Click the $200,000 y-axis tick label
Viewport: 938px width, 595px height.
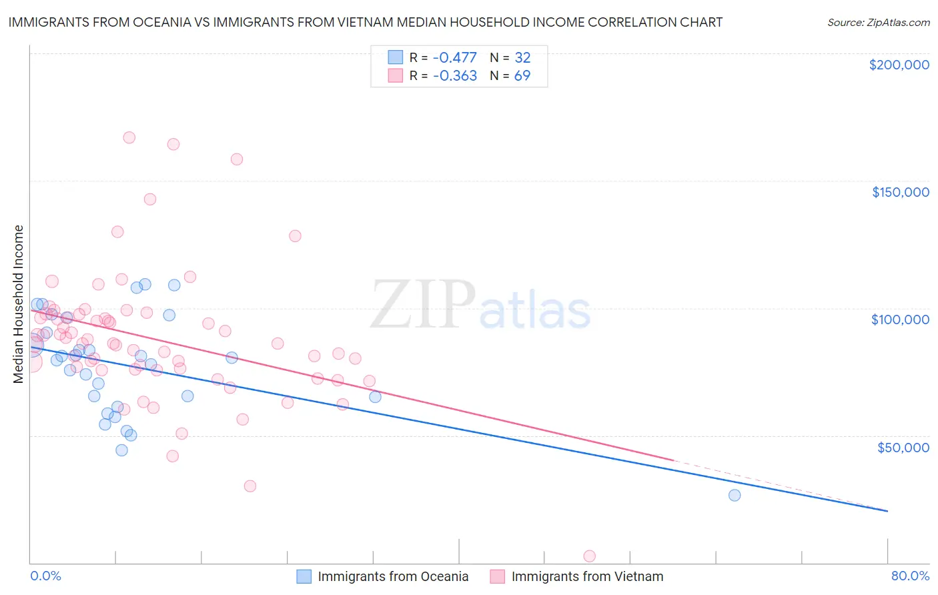[899, 65]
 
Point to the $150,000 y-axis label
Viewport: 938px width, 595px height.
[900, 192]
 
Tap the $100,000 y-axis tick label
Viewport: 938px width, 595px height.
[900, 320]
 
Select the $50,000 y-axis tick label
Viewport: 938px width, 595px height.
[903, 447]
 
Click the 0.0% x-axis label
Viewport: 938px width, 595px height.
[45, 576]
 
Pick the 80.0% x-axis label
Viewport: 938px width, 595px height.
[910, 576]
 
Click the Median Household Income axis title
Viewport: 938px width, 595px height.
[18, 304]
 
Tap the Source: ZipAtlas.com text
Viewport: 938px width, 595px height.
[878, 22]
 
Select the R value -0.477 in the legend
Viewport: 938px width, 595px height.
[454, 57]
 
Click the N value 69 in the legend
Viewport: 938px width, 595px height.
[522, 75]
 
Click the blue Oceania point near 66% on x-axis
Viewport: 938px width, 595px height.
[734, 495]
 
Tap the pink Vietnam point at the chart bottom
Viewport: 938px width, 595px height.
[589, 556]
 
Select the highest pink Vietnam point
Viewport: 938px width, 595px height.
[129, 137]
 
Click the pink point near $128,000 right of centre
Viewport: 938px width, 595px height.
[295, 235]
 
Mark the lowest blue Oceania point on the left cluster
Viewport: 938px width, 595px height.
[121, 450]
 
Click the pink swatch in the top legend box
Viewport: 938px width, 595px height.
[396, 75]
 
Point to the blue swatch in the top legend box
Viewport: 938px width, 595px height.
[396, 57]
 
